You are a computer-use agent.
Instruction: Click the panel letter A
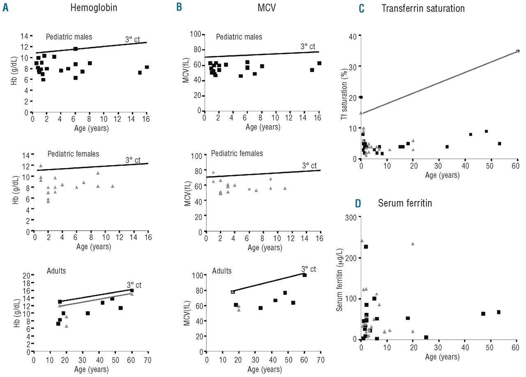click(x=5, y=8)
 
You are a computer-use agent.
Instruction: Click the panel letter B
click(x=179, y=8)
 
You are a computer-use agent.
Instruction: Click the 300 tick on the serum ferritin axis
click(x=351, y=217)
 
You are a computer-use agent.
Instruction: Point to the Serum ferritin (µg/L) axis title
click(x=340, y=278)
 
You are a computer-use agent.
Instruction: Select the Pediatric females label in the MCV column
click(x=237, y=153)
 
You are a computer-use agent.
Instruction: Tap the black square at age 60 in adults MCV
click(x=305, y=275)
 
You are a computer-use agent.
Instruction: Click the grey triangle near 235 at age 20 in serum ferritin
click(x=413, y=243)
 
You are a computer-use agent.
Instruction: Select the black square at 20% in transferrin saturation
click(x=361, y=97)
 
